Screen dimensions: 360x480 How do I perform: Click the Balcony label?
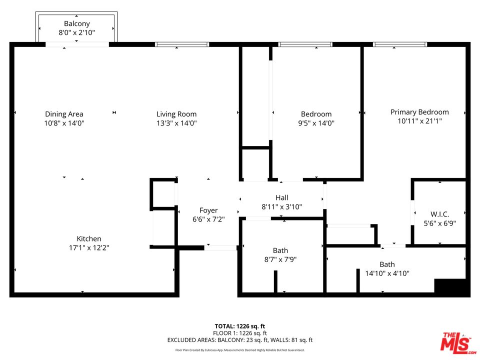click(x=76, y=23)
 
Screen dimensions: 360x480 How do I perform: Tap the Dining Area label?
click(x=64, y=114)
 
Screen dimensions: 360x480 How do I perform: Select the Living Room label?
click(x=176, y=114)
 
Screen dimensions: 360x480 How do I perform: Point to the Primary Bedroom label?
click(x=419, y=112)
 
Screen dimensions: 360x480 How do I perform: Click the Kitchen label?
click(x=89, y=239)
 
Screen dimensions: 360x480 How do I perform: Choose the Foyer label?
click(x=208, y=210)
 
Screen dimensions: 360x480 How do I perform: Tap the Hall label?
click(x=281, y=198)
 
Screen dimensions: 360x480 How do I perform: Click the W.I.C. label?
click(x=439, y=214)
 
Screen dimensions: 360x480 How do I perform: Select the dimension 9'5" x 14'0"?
click(x=316, y=122)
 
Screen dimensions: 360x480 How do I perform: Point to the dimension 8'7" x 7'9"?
click(x=280, y=259)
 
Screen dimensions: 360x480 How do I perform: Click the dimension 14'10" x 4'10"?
click(x=387, y=273)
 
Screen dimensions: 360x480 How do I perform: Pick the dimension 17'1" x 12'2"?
click(x=89, y=247)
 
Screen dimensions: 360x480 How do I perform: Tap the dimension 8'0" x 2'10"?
click(x=76, y=32)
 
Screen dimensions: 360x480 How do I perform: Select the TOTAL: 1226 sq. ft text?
click(x=240, y=325)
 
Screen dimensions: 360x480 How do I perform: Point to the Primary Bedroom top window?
click(x=400, y=44)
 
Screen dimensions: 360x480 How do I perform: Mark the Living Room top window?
click(x=182, y=44)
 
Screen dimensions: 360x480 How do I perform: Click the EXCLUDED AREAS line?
click(x=240, y=340)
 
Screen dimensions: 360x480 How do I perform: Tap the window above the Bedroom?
click(x=305, y=44)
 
